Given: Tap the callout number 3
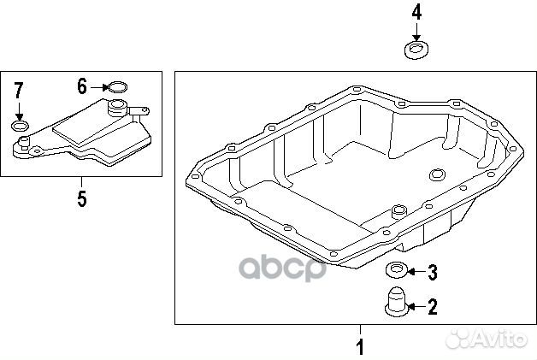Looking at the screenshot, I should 432,273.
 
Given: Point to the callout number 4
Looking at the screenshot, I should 416,13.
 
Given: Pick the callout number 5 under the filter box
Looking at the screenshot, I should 81,198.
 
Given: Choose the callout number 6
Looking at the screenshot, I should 82,86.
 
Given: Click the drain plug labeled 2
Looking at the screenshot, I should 396,304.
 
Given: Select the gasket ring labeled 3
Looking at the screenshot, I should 396,272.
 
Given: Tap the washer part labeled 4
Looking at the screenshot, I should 417,50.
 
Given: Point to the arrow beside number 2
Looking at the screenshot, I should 416,306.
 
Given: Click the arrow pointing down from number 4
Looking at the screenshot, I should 416,32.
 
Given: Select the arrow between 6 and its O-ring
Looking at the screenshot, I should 98,86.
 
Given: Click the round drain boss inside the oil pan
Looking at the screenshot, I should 438,176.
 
